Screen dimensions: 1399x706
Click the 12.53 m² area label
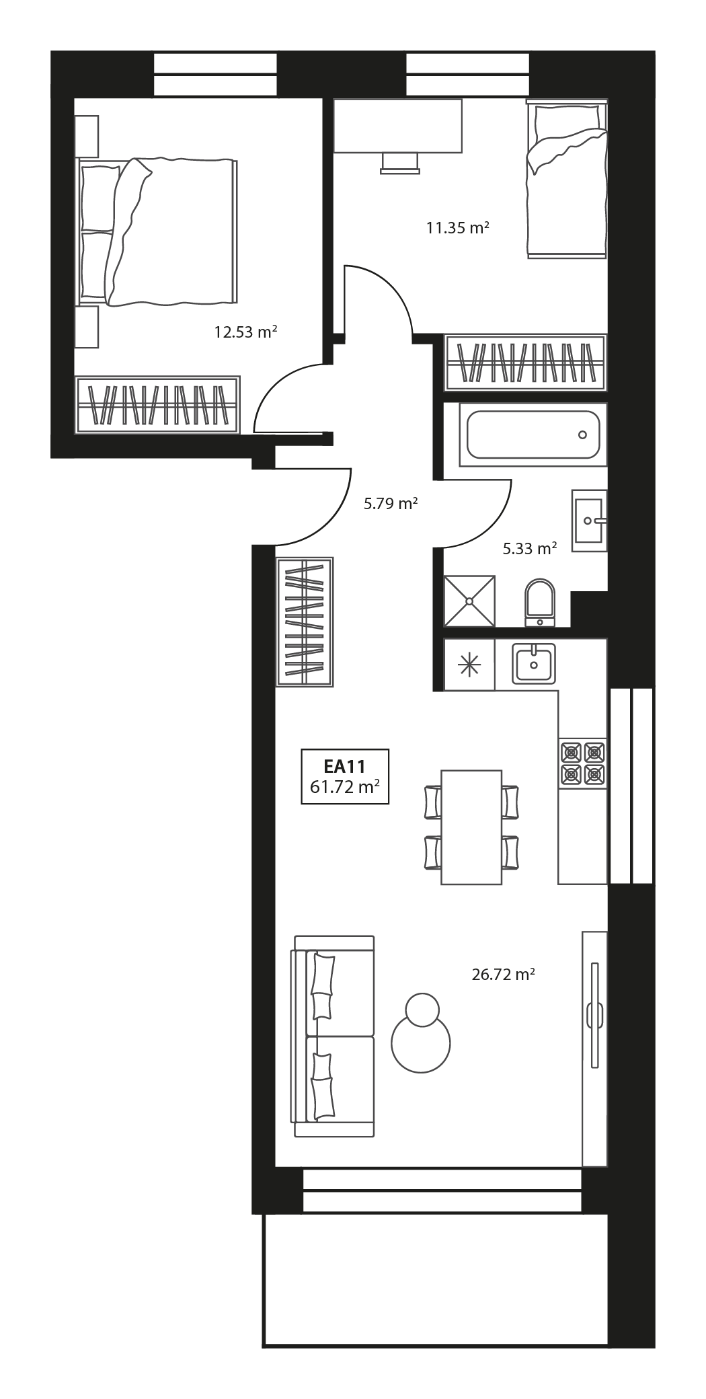click(245, 332)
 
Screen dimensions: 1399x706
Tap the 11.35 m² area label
click(457, 227)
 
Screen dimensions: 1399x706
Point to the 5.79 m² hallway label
click(391, 503)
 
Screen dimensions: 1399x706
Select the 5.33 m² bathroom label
click(530, 549)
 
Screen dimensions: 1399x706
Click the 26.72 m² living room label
click(503, 974)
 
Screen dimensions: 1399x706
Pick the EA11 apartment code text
click(344, 765)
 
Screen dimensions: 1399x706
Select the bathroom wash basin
click(589, 520)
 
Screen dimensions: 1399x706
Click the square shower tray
click(469, 601)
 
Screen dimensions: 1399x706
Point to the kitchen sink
click(533, 663)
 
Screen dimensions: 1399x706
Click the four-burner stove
click(582, 763)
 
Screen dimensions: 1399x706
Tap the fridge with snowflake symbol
click(469, 665)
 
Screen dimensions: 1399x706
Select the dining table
click(471, 827)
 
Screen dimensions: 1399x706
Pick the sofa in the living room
click(333, 1036)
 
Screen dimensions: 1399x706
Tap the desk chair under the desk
click(399, 163)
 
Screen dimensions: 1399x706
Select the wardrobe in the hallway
click(305, 621)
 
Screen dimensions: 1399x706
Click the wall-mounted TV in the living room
click(594, 1014)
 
